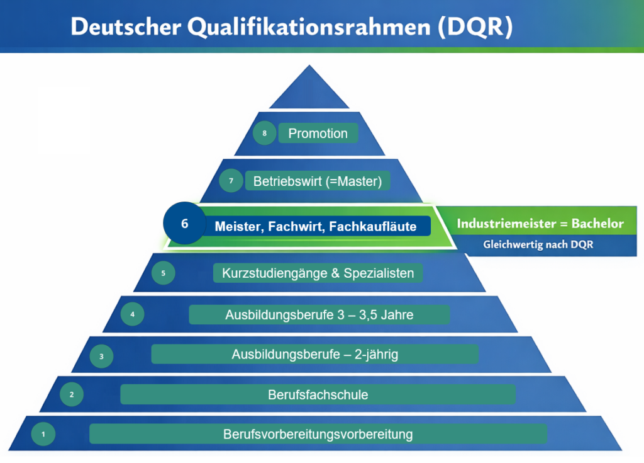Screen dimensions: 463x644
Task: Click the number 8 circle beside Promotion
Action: tap(264, 134)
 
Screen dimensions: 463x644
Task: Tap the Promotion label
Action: tap(318, 134)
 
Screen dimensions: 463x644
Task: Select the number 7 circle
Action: tap(231, 181)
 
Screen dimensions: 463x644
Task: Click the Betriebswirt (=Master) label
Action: tap(318, 181)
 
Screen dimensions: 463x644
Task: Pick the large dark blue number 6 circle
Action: tap(184, 223)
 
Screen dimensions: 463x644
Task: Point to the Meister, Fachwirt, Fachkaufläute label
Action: tap(316, 226)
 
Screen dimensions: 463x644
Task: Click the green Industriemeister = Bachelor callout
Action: tap(540, 224)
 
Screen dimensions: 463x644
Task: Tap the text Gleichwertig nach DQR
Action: tap(538, 245)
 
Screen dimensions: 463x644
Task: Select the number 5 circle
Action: tap(164, 273)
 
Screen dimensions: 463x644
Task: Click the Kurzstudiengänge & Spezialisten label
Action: tap(318, 273)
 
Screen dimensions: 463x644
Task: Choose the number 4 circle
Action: tap(132, 314)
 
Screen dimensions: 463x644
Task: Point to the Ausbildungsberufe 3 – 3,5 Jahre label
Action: tap(319, 314)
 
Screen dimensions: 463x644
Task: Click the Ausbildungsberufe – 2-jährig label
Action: tap(314, 355)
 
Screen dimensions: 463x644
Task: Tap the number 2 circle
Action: tap(72, 395)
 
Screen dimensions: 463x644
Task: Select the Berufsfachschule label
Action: tap(318, 395)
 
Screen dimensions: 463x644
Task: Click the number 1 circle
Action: tap(43, 433)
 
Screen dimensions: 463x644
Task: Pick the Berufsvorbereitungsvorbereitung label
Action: tap(318, 434)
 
